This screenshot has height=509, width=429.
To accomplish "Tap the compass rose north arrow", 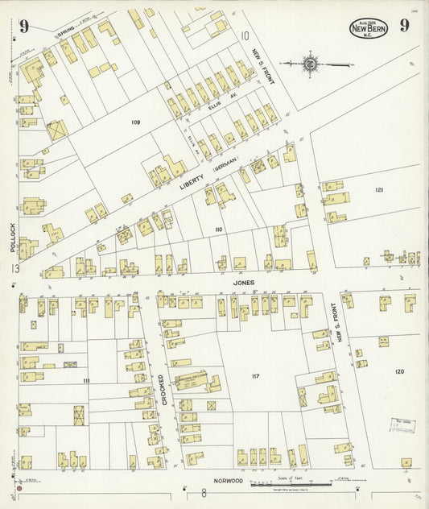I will click(311, 63).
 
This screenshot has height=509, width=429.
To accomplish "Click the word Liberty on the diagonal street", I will click(189, 184).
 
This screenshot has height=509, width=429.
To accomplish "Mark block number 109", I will click(136, 122).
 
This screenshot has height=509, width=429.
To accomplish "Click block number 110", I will click(217, 230).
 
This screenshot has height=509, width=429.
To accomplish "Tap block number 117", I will click(256, 375).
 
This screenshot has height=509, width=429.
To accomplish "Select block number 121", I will click(378, 189).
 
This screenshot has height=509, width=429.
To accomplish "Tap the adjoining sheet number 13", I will click(14, 268).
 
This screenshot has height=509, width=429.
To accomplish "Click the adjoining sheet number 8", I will click(204, 494).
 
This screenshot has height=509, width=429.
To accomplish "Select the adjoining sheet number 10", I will click(244, 35).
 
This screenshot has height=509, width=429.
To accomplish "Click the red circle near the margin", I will click(19, 489).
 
